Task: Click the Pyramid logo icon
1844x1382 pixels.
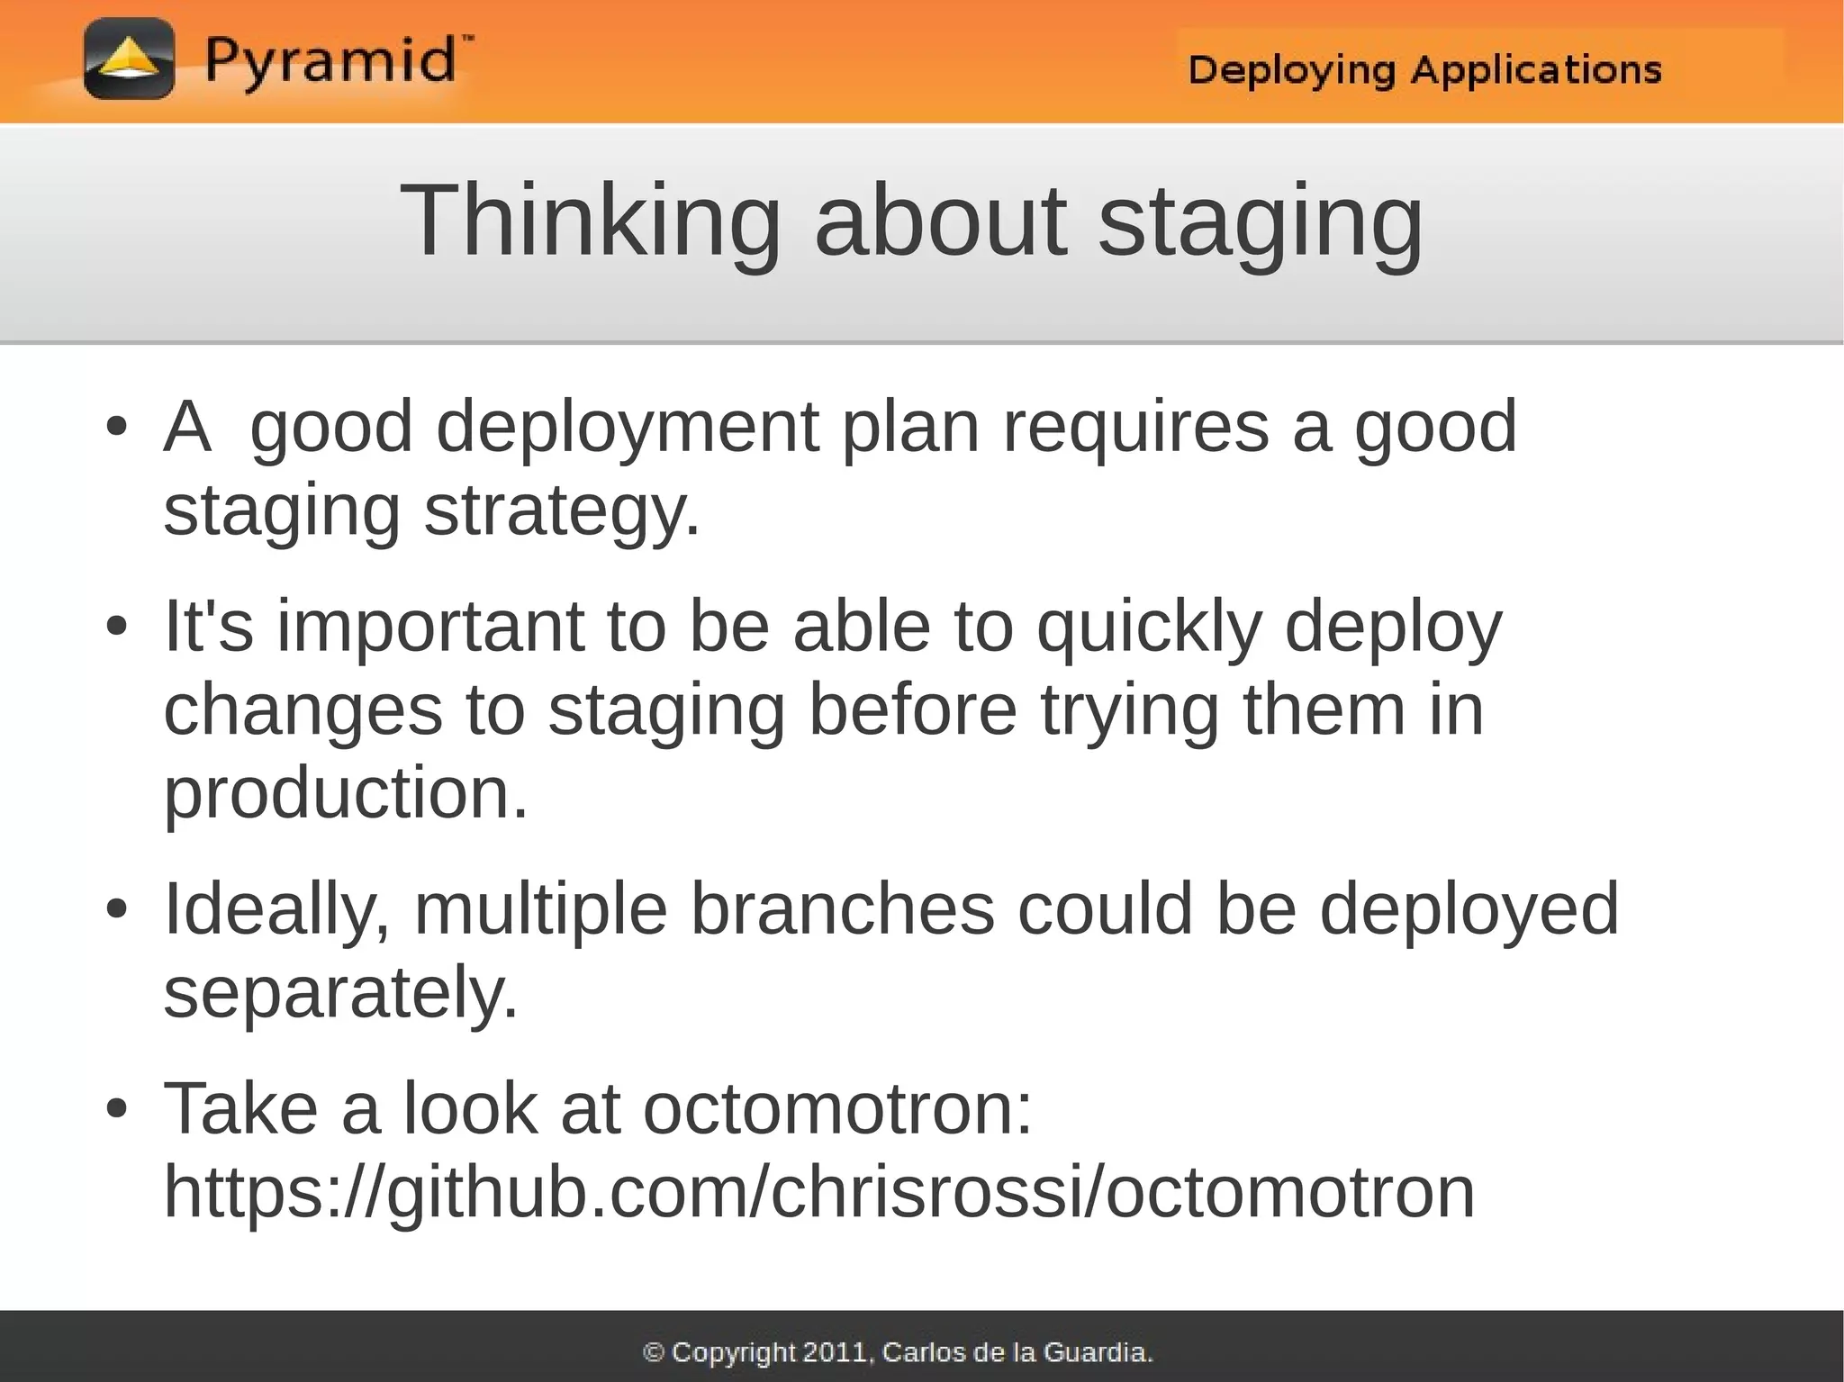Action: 129,59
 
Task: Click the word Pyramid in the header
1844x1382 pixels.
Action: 330,61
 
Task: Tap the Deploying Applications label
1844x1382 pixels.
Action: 1424,69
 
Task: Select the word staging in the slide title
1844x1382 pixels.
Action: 1261,221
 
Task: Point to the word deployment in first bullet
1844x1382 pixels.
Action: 628,428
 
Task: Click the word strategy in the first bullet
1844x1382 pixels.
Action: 562,511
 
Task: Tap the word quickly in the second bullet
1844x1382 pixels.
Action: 1149,627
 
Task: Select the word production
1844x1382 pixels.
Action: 345,793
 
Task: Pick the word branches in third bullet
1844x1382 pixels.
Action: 843,909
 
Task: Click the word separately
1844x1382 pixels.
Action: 341,992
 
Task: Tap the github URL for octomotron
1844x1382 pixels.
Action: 818,1192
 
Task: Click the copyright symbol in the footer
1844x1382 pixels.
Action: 654,1352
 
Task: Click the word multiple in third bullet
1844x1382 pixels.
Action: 540,909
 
